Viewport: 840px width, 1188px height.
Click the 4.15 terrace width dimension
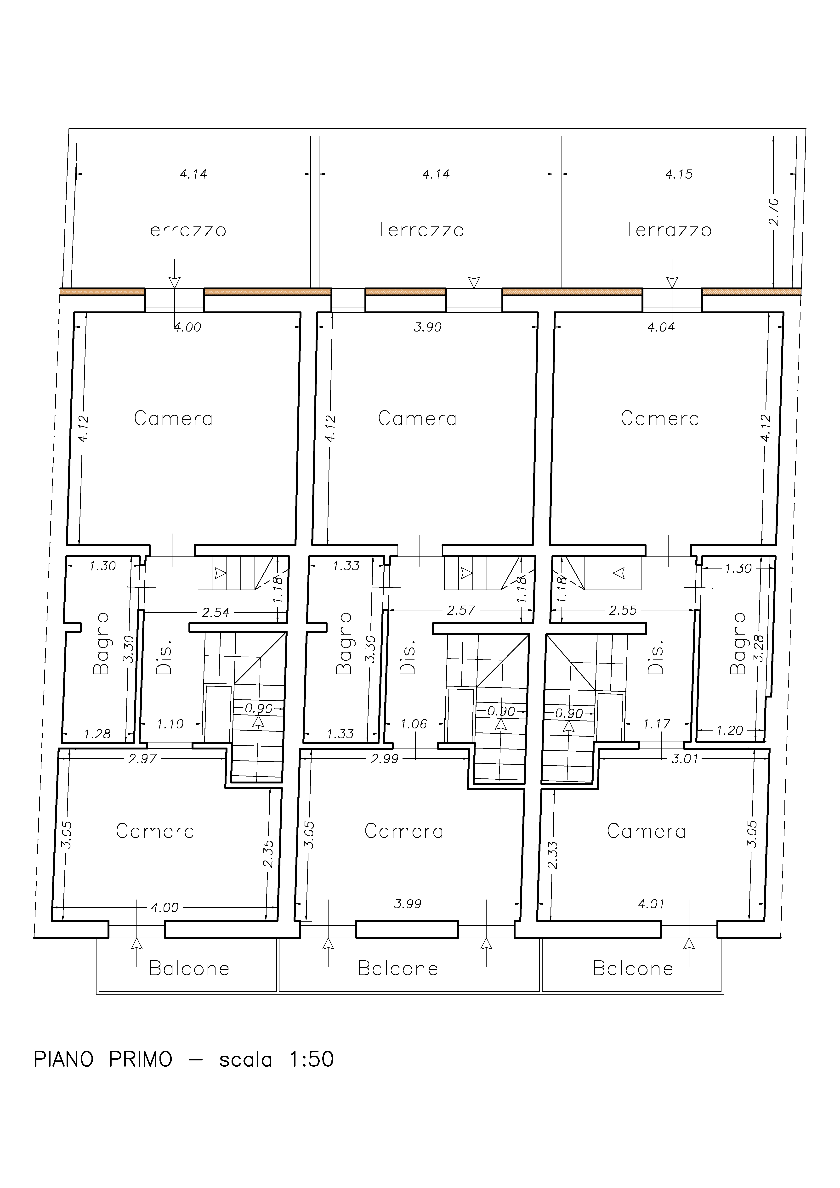(x=679, y=174)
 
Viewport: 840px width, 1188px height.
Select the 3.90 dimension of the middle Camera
(x=427, y=327)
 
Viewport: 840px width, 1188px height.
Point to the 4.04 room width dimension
(x=661, y=327)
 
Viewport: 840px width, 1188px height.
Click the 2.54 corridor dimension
(x=215, y=613)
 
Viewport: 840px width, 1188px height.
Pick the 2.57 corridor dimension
(x=461, y=611)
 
